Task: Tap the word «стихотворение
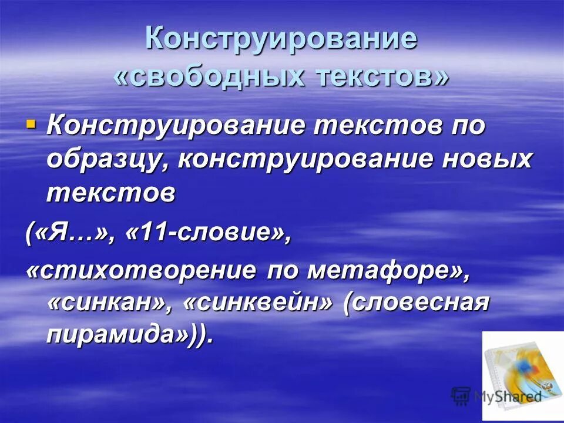141,271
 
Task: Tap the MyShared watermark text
508,395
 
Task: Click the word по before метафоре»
284,271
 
